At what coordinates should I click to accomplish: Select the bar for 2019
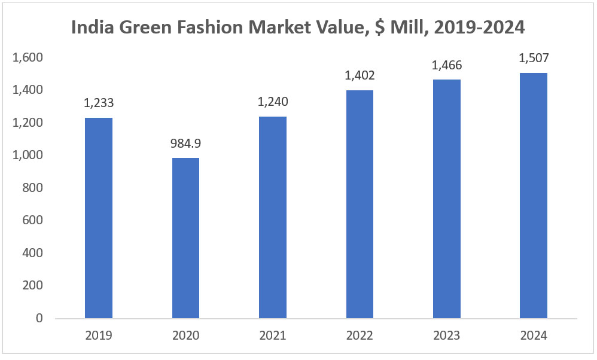[99, 218]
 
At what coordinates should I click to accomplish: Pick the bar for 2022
[360, 204]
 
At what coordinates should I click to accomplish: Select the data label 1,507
[534, 58]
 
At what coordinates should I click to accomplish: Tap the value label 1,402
[360, 75]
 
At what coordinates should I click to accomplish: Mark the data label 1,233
[99, 103]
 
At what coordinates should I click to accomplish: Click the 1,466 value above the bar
[447, 65]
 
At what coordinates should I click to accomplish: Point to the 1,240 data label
[273, 102]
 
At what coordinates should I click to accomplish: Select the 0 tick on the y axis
[39, 318]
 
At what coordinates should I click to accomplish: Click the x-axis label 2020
[185, 336]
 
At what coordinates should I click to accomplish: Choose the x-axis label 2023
[447, 336]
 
